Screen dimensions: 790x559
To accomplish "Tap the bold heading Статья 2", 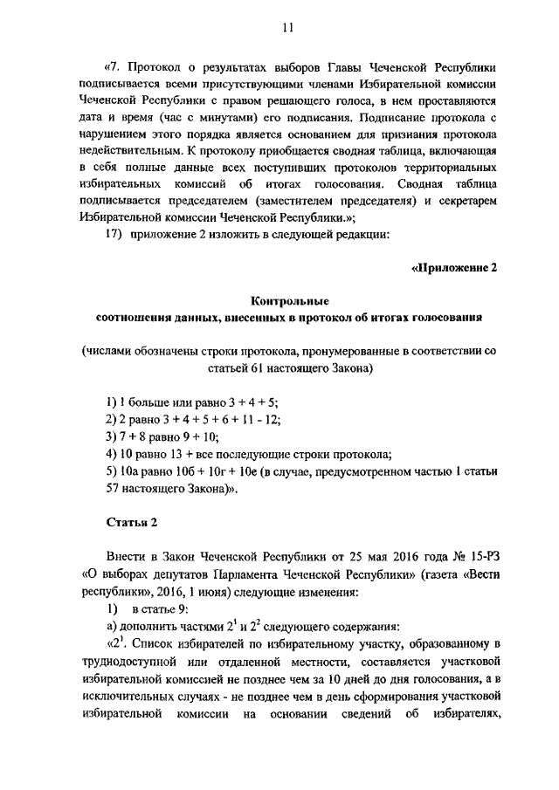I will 130,521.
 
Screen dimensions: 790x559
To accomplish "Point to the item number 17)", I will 116,233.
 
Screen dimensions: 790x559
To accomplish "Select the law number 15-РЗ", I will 480,555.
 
